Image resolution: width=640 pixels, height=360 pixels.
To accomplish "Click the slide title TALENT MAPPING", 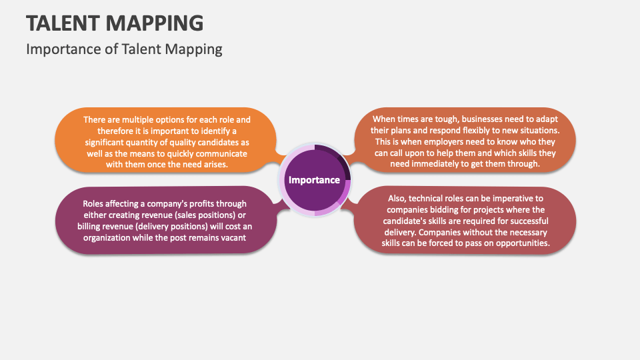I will (115, 23).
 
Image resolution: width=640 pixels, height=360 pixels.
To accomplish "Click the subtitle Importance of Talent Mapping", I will (124, 49).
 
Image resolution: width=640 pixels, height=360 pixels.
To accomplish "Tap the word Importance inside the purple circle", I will (314, 180).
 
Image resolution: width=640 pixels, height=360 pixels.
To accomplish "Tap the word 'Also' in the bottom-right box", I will (398, 199).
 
